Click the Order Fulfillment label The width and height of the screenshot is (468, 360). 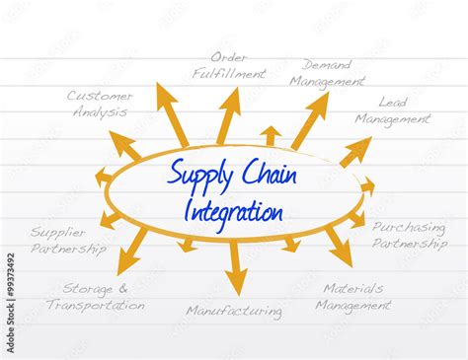(x=229, y=64)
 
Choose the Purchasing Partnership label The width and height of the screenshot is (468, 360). (x=408, y=234)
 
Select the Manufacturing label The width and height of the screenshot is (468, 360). (x=234, y=311)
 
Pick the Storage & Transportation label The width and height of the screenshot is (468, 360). (x=95, y=297)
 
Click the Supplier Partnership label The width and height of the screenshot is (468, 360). (x=67, y=241)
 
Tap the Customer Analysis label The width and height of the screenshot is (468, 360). (x=100, y=104)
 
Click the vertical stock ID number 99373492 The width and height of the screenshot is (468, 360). (x=10, y=291)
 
